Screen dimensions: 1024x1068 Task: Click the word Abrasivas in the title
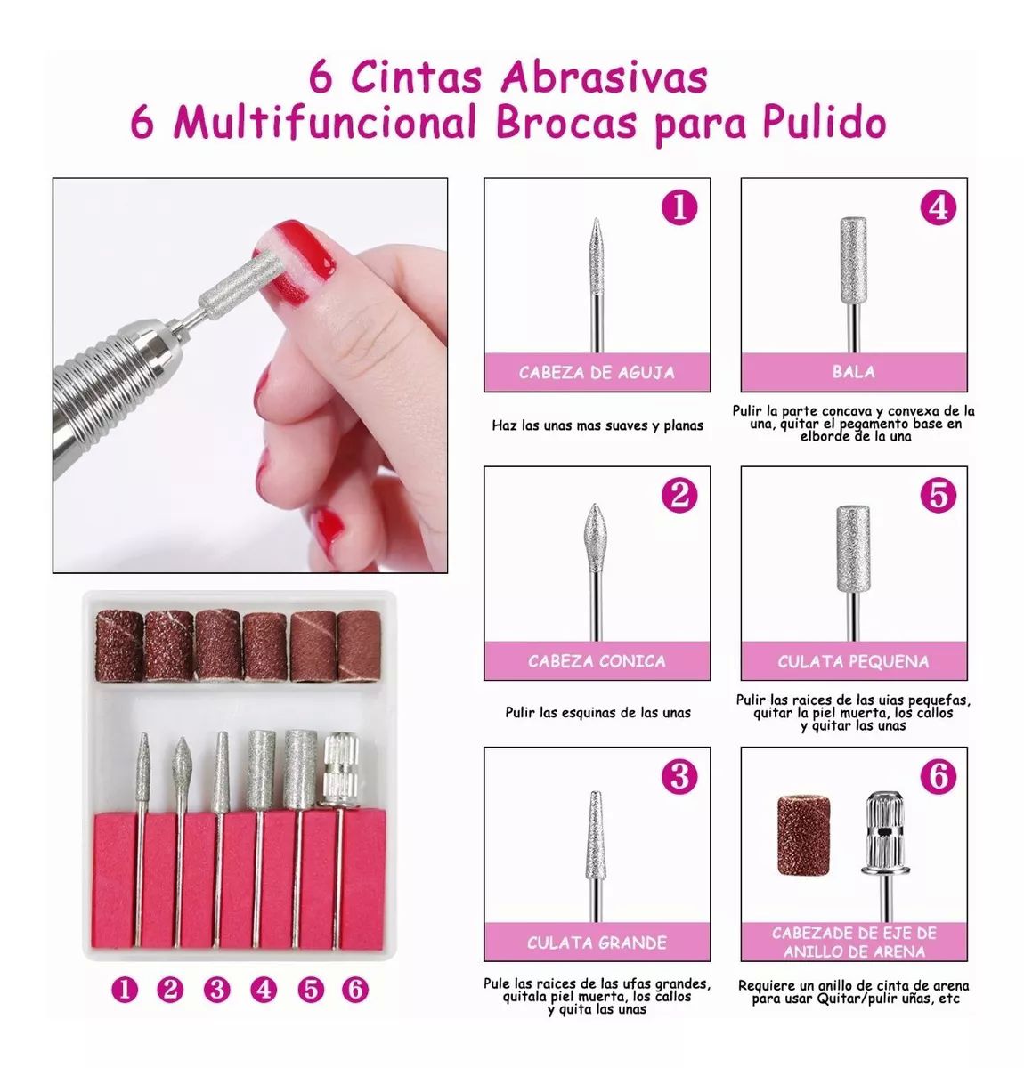pos(604,78)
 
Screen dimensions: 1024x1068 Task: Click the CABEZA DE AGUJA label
pos(597,373)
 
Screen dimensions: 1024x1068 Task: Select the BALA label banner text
pos(853,372)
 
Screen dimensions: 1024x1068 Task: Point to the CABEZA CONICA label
pos(597,661)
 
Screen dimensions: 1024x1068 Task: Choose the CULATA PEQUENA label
pos(853,661)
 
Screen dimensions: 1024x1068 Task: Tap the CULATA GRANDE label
pos(597,943)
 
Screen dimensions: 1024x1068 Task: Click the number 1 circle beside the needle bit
pos(679,207)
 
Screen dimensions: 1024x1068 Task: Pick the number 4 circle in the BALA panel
pos(939,207)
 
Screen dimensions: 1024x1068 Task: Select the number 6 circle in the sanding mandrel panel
pos(939,776)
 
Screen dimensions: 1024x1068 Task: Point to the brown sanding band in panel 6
pos(803,836)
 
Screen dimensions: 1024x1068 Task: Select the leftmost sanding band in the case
pos(119,645)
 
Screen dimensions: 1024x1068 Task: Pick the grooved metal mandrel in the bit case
pos(340,770)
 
